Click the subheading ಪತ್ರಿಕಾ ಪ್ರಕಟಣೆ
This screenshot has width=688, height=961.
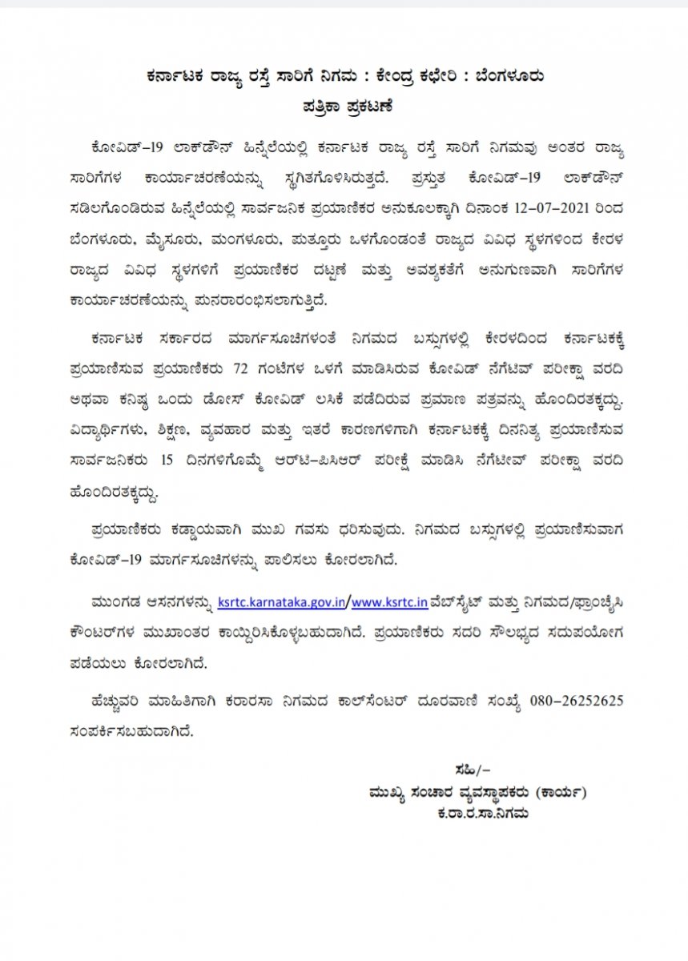343,104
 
